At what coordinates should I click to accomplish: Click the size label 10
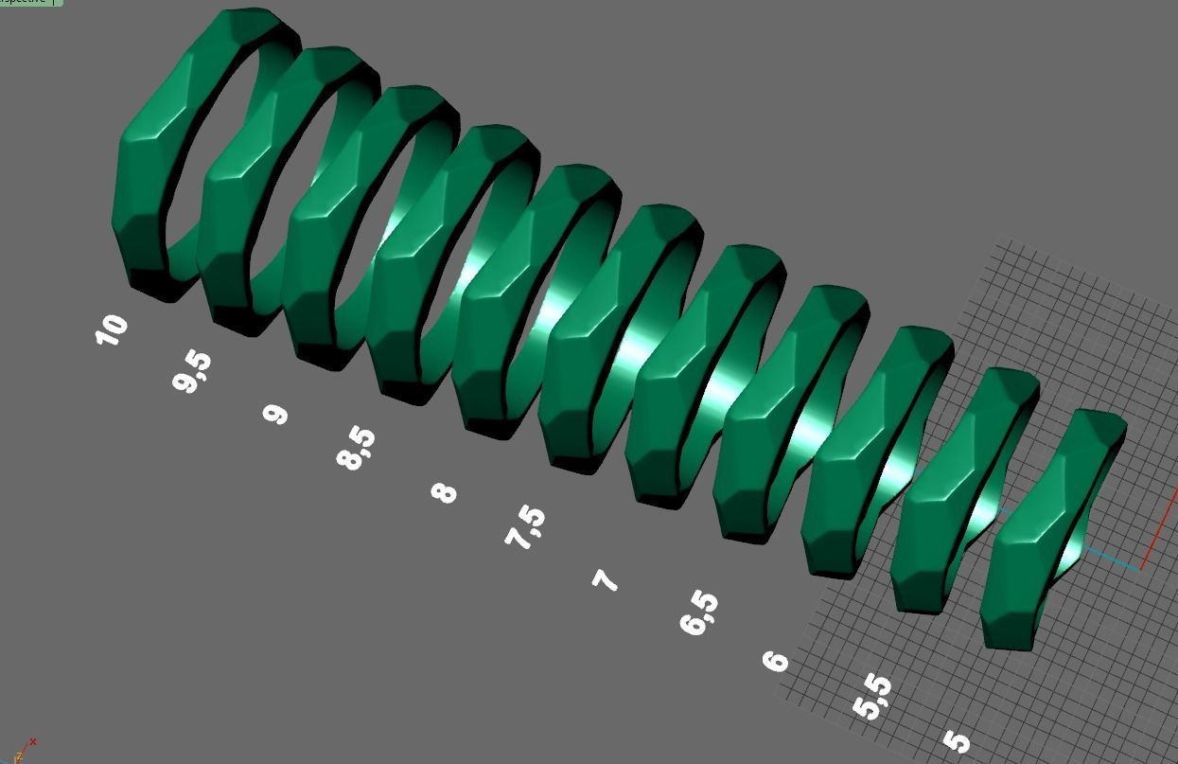pyautogui.click(x=112, y=329)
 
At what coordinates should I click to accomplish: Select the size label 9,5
pyautogui.click(x=192, y=371)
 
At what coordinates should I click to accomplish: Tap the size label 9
pyautogui.click(x=275, y=414)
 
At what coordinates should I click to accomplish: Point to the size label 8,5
pyautogui.click(x=356, y=449)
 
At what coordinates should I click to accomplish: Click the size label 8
pyautogui.click(x=444, y=492)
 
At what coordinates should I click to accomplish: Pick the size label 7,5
pyautogui.click(x=526, y=528)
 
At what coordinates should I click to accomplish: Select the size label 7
pyautogui.click(x=606, y=579)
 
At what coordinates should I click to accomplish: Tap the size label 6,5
pyautogui.click(x=699, y=613)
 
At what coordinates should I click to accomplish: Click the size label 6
pyautogui.click(x=776, y=660)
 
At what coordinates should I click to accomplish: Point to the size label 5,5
pyautogui.click(x=872, y=698)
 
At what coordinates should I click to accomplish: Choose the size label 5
pyautogui.click(x=957, y=741)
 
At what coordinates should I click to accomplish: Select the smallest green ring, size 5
pyautogui.click(x=1022, y=568)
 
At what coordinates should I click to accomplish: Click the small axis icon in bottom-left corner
pyautogui.click(x=24, y=750)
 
